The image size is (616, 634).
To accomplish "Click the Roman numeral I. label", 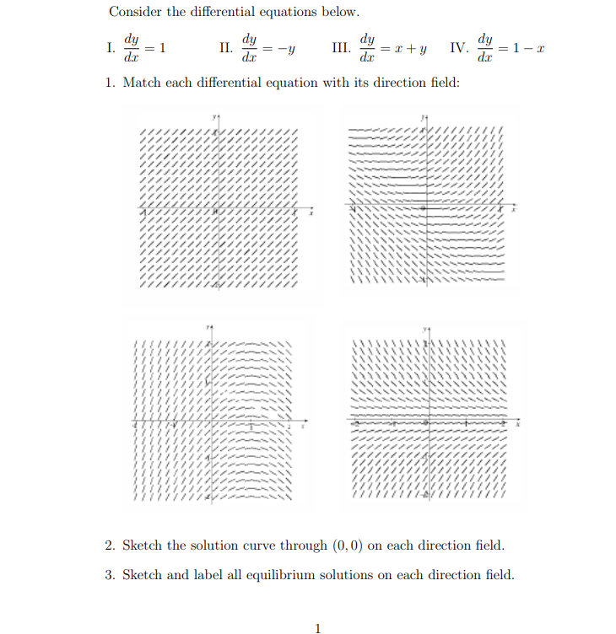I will [112, 48].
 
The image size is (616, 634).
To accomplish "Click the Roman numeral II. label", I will [226, 48].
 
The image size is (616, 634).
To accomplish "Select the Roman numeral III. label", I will [341, 48].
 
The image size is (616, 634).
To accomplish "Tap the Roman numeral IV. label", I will [459, 48].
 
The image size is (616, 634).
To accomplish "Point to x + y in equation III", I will [408, 49].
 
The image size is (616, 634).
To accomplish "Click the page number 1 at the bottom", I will [317, 627].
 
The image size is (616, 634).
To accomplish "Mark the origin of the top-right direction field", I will [424, 207].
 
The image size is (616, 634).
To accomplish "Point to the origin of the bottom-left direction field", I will [209, 422].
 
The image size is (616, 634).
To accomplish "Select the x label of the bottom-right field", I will [518, 427].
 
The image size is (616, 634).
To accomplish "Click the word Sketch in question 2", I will [142, 545].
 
